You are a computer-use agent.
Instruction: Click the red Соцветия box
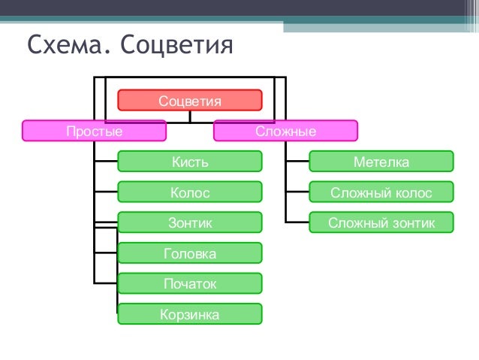pyautogui.click(x=190, y=100)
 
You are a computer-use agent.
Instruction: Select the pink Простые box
pyautogui.click(x=94, y=132)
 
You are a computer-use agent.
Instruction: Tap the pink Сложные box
pyautogui.click(x=285, y=132)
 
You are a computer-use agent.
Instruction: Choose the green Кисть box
pyautogui.click(x=190, y=162)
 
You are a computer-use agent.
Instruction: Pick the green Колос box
pyautogui.click(x=190, y=192)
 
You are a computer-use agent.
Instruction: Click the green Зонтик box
pyautogui.click(x=190, y=222)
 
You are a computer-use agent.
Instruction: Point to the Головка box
pyautogui.click(x=190, y=253)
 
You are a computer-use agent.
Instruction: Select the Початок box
pyautogui.click(x=190, y=283)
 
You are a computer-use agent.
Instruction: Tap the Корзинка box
pyautogui.click(x=190, y=314)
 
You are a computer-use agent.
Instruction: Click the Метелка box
pyautogui.click(x=381, y=162)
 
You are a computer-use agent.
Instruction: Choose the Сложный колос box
pyautogui.click(x=381, y=192)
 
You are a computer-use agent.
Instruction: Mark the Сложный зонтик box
pyautogui.click(x=381, y=222)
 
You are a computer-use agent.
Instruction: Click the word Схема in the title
pyautogui.click(x=61, y=46)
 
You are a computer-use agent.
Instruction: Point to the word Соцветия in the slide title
pyautogui.click(x=177, y=47)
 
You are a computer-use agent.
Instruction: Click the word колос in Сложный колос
pyautogui.click(x=416, y=193)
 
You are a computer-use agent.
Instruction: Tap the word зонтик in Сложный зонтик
pyautogui.click(x=413, y=223)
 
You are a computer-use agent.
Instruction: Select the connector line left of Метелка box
pyautogui.click(x=297, y=162)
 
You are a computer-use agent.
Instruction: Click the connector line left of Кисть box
pyautogui.click(x=106, y=162)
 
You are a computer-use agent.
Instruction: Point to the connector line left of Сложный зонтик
pyautogui.click(x=297, y=222)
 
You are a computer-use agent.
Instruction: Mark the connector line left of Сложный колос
pyautogui.click(x=297, y=192)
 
